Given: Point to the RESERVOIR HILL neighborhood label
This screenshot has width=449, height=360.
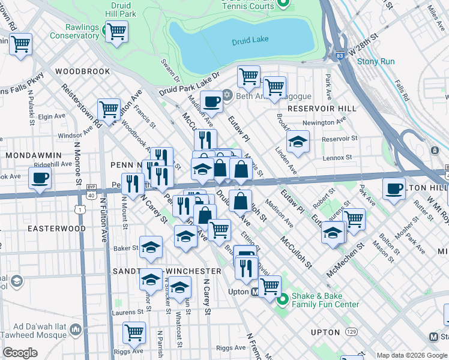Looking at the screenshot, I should [321, 109].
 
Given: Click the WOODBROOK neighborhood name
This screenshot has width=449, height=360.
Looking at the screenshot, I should [82, 71].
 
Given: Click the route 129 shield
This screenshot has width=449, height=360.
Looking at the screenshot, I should [351, 331].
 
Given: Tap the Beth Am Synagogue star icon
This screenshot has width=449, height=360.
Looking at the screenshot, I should [227, 95].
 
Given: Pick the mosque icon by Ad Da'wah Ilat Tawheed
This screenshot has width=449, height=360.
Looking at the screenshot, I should [76, 329].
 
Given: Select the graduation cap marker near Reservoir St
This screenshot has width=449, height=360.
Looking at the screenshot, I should [298, 142].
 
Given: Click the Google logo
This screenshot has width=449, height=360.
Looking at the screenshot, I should [20, 353].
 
